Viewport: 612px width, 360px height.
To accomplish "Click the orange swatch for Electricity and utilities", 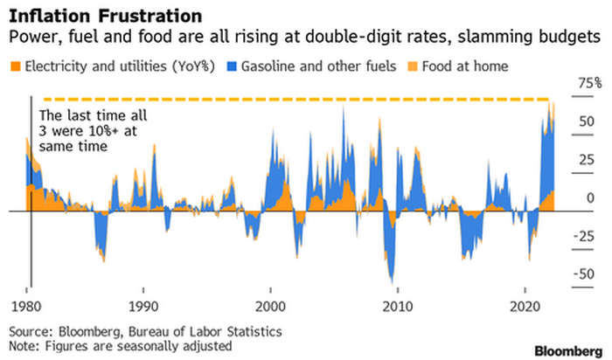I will (15, 66).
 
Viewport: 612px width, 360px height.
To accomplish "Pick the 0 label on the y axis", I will (588, 198).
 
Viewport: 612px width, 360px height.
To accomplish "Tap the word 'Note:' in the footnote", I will (26, 345).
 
